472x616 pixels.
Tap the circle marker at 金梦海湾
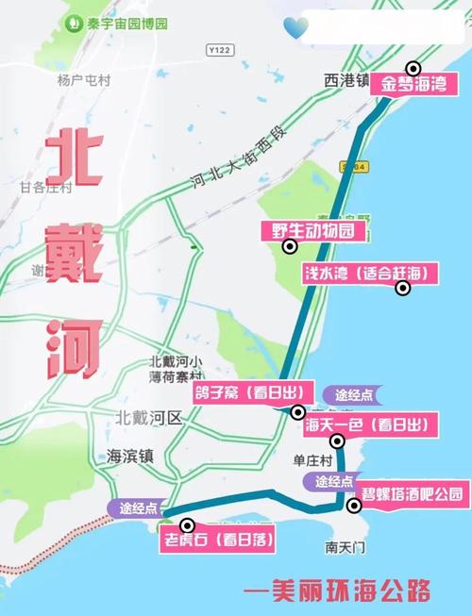click(x=413, y=68)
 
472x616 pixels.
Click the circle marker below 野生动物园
click(x=290, y=247)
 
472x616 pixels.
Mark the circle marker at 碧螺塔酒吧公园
click(x=354, y=506)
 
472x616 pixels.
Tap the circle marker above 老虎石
click(x=187, y=525)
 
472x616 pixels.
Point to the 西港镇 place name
click(x=345, y=81)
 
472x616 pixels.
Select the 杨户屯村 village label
click(x=83, y=81)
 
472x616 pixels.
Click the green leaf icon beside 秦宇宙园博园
click(x=74, y=22)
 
